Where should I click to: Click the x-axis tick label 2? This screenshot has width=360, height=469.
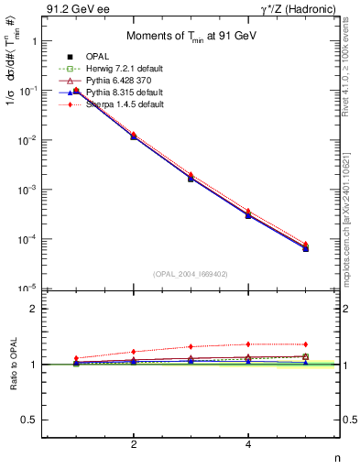click(134, 444)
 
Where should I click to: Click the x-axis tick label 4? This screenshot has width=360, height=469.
click(248, 444)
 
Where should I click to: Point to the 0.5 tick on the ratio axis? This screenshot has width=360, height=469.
click(30, 420)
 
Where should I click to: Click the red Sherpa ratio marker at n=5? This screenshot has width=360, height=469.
click(305, 344)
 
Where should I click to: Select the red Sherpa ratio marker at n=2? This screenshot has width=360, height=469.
click(134, 352)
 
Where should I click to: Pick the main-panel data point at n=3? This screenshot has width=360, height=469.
click(191, 177)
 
